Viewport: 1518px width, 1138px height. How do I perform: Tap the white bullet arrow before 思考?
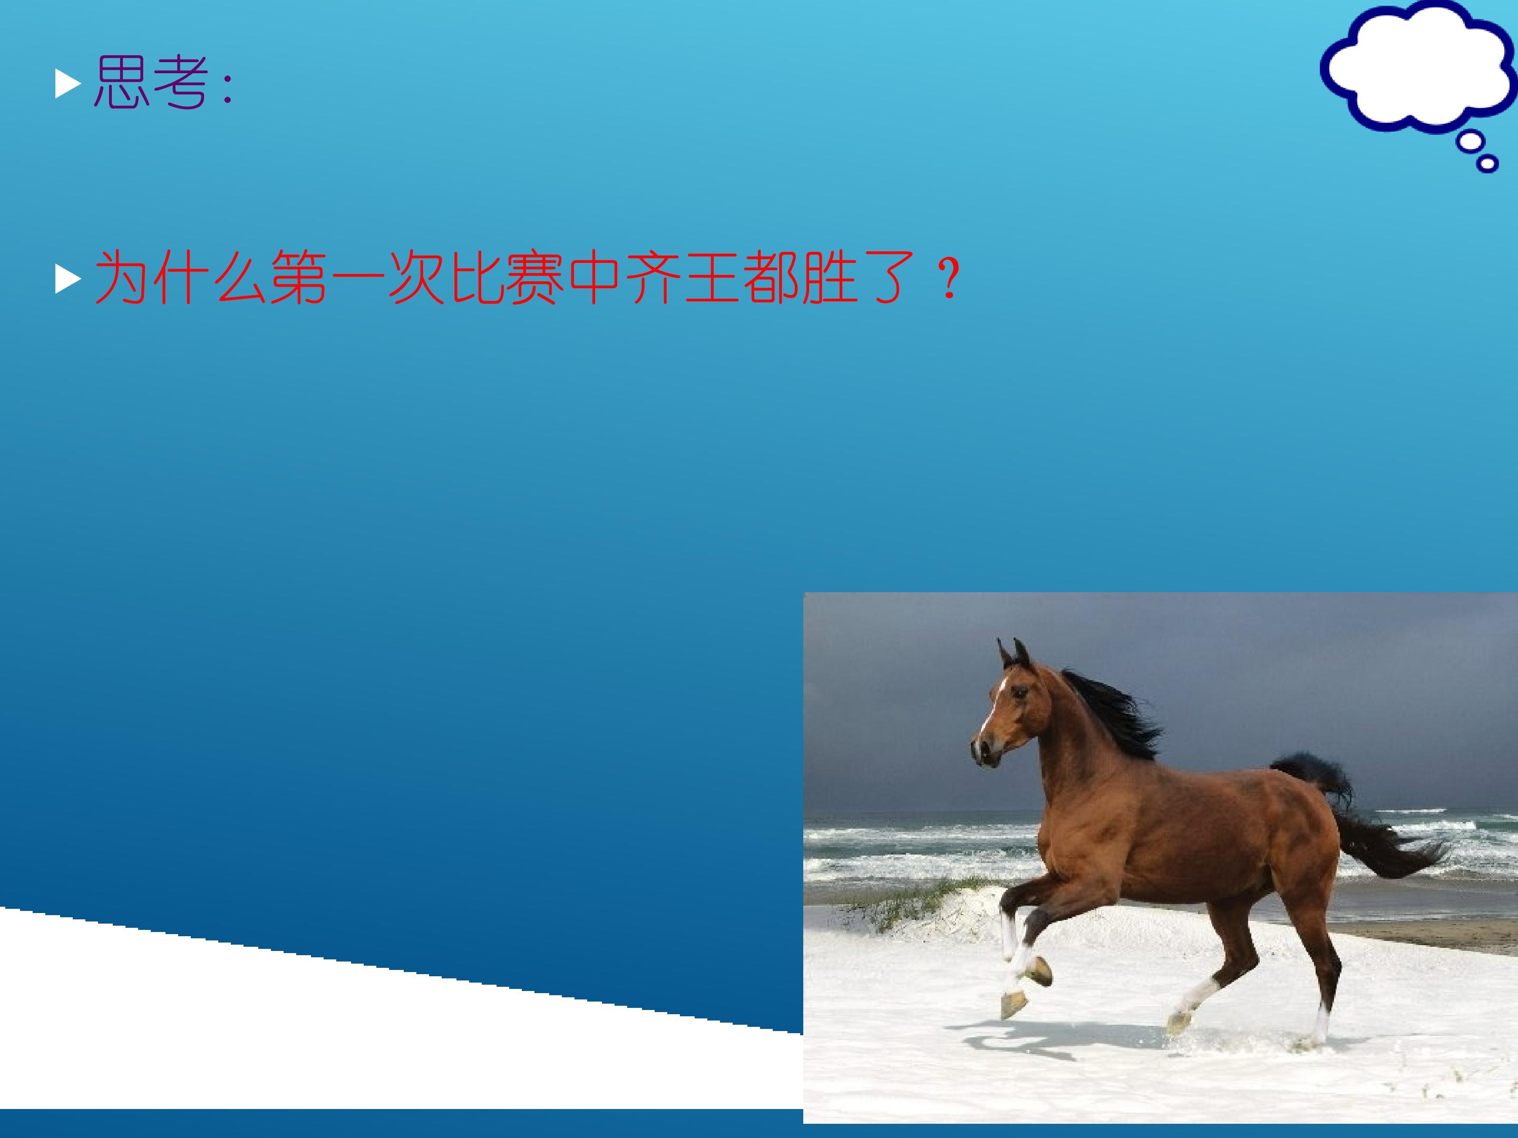pos(68,85)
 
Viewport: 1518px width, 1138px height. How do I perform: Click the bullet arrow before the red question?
pos(68,279)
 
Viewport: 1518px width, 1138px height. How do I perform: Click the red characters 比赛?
pos(507,277)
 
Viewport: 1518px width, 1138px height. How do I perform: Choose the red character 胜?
pos(830,277)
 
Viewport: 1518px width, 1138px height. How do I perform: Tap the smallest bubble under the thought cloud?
pos(1486,164)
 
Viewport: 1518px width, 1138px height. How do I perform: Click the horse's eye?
pos(1021,692)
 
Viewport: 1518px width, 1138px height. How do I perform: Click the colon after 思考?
pos(228,89)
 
